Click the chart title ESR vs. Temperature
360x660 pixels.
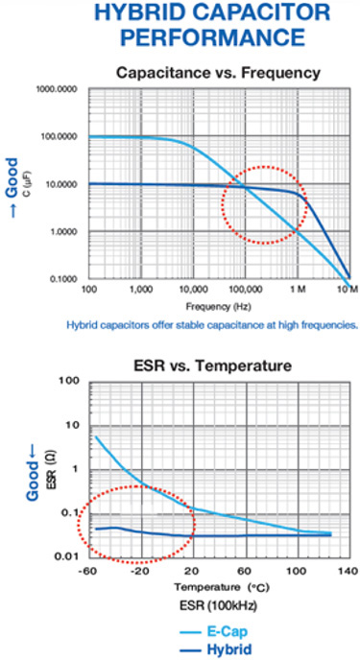pos(213,365)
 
